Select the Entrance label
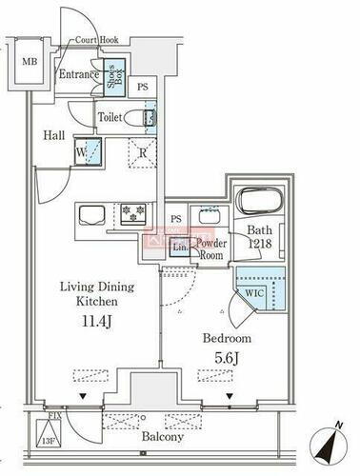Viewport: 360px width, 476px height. click(x=80, y=74)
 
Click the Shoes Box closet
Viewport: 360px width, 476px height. click(x=112, y=77)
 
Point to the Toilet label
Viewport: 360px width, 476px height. click(x=110, y=117)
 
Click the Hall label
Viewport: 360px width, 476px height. click(x=53, y=135)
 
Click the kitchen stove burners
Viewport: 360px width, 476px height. click(x=130, y=210)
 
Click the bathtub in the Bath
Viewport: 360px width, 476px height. click(x=261, y=202)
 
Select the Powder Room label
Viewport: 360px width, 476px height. click(x=210, y=248)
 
